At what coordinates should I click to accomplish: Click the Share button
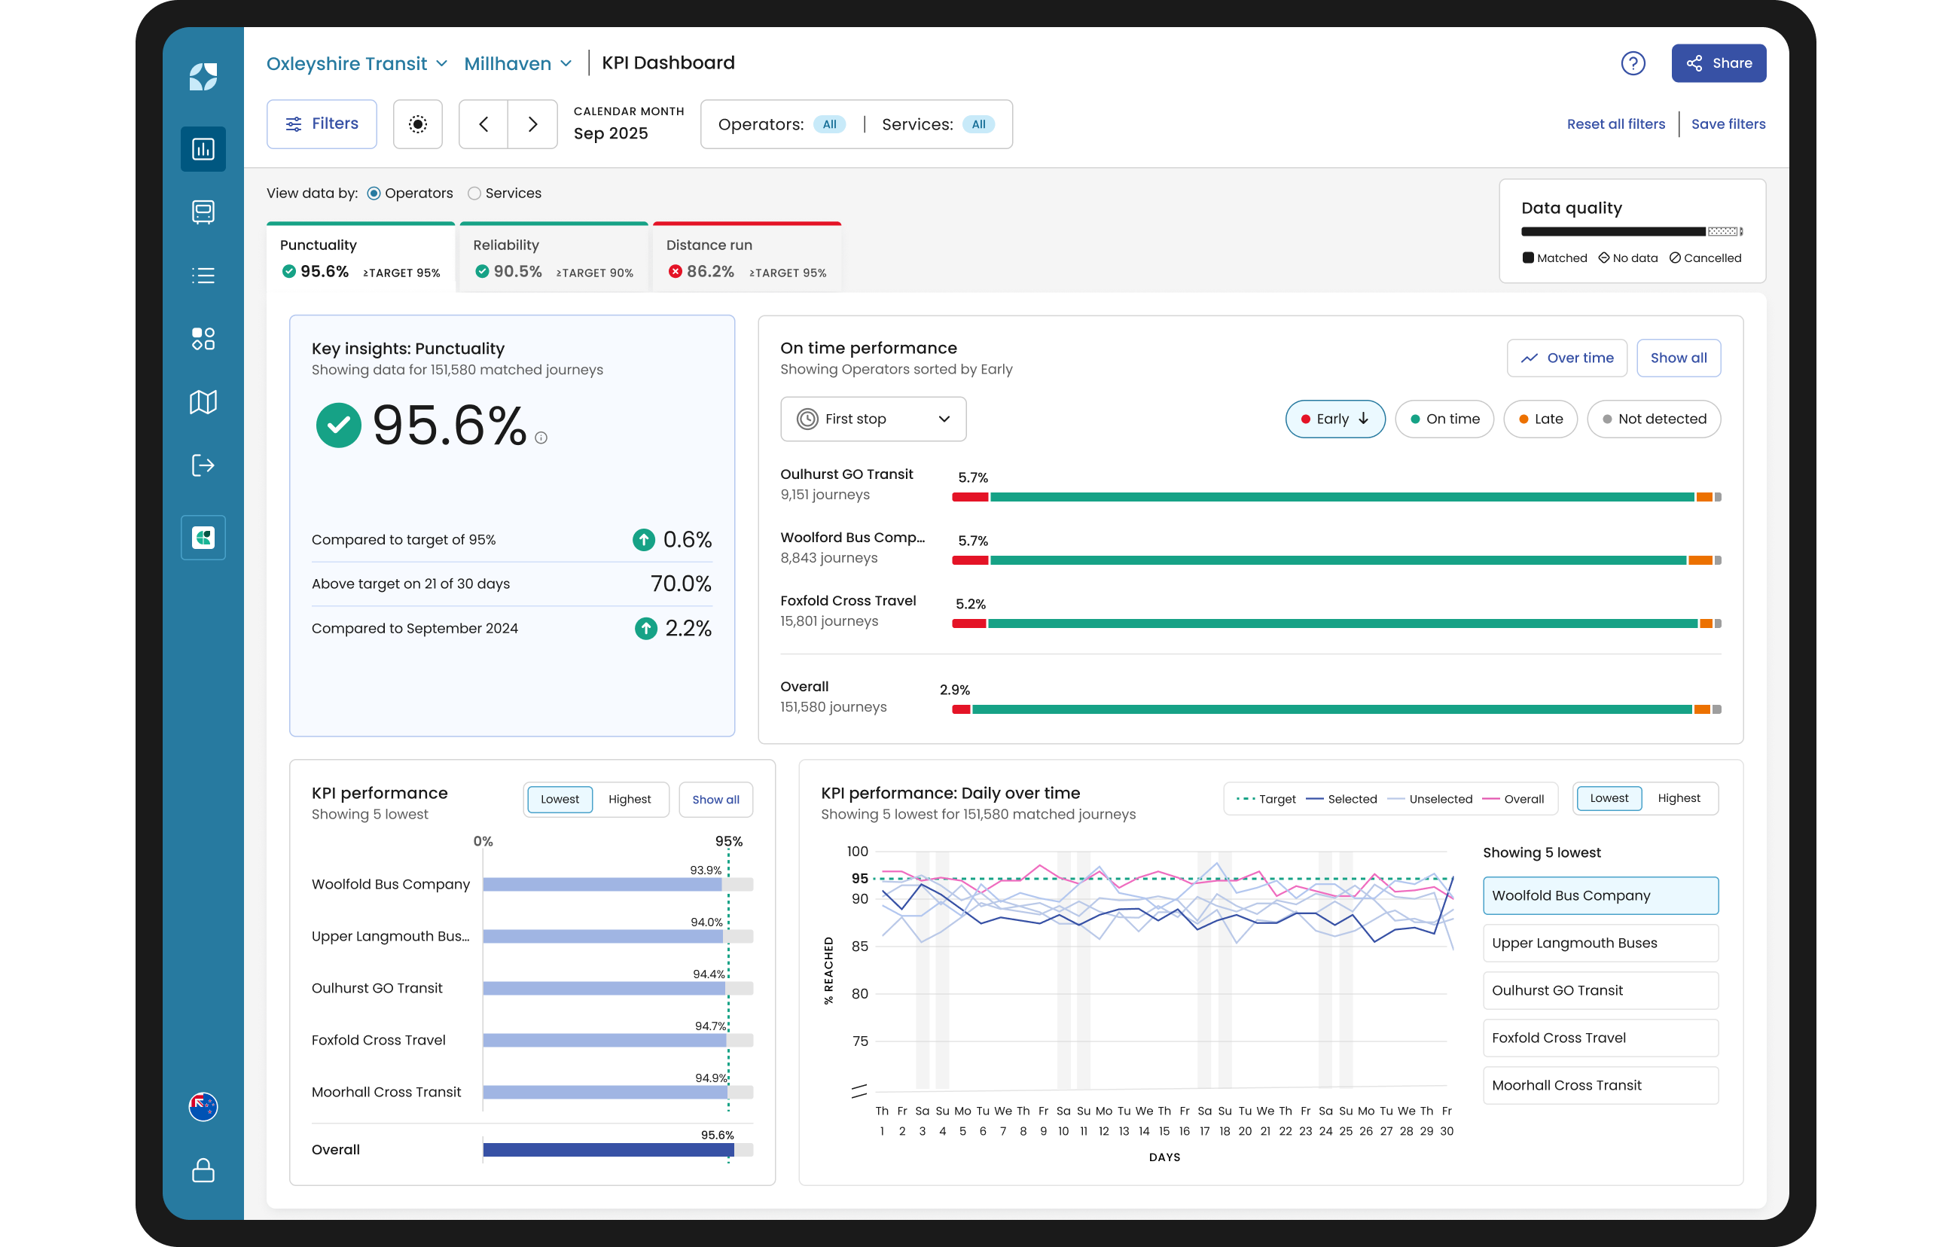1718,63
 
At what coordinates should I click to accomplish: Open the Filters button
322,124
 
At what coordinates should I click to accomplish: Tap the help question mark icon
1633,63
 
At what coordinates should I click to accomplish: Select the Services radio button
474,193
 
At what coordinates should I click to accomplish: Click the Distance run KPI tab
746,258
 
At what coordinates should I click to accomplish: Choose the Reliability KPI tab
554,258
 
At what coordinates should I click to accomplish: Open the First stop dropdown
873,419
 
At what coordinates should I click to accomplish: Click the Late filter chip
1540,419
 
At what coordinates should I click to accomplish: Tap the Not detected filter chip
1654,419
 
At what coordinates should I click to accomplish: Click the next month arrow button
532,124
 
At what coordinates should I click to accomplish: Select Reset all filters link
1615,124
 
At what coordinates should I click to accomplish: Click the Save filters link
1728,124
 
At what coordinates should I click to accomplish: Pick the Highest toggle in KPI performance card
629,800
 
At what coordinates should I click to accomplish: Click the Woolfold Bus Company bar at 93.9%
602,885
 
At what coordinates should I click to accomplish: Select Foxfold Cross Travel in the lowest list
1600,1038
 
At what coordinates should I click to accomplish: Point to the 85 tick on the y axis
859,947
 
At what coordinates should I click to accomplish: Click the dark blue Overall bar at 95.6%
608,1150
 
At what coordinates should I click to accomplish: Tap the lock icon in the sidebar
203,1170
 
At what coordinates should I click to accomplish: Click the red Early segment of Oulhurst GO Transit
970,497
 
